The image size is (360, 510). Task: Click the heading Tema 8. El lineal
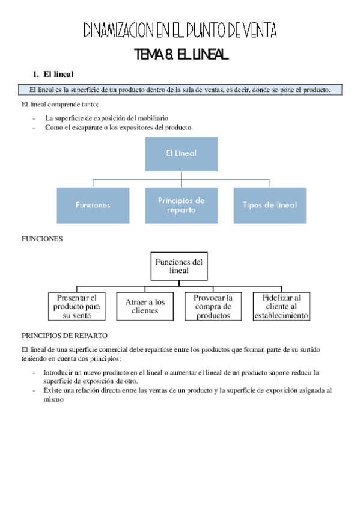click(182, 55)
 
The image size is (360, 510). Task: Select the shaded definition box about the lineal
click(180, 90)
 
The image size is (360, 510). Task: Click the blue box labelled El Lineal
click(181, 153)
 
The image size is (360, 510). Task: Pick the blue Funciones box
click(93, 205)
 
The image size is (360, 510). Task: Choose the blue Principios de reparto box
click(181, 205)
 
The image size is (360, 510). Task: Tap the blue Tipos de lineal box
click(269, 205)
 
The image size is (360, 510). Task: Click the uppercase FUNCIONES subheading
click(42, 239)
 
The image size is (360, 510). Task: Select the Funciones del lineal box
click(179, 266)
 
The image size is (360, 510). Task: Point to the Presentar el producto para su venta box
click(76, 306)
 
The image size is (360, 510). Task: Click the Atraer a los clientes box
click(145, 306)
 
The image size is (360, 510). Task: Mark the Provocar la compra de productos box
click(213, 306)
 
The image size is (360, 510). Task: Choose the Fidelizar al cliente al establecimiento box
click(281, 306)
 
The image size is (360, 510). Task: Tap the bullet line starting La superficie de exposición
click(106, 118)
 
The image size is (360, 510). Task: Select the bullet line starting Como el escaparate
click(118, 127)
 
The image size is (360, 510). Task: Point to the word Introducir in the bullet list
click(59, 372)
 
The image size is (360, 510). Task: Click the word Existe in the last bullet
click(53, 390)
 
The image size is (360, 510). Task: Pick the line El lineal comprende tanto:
click(55, 105)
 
